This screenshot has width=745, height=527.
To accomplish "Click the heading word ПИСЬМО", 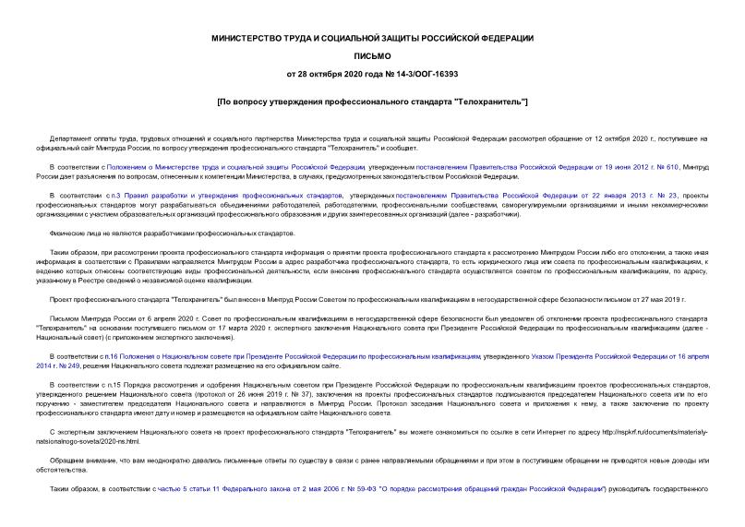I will click(372, 55).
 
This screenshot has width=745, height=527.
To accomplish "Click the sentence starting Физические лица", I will click(138, 233).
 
